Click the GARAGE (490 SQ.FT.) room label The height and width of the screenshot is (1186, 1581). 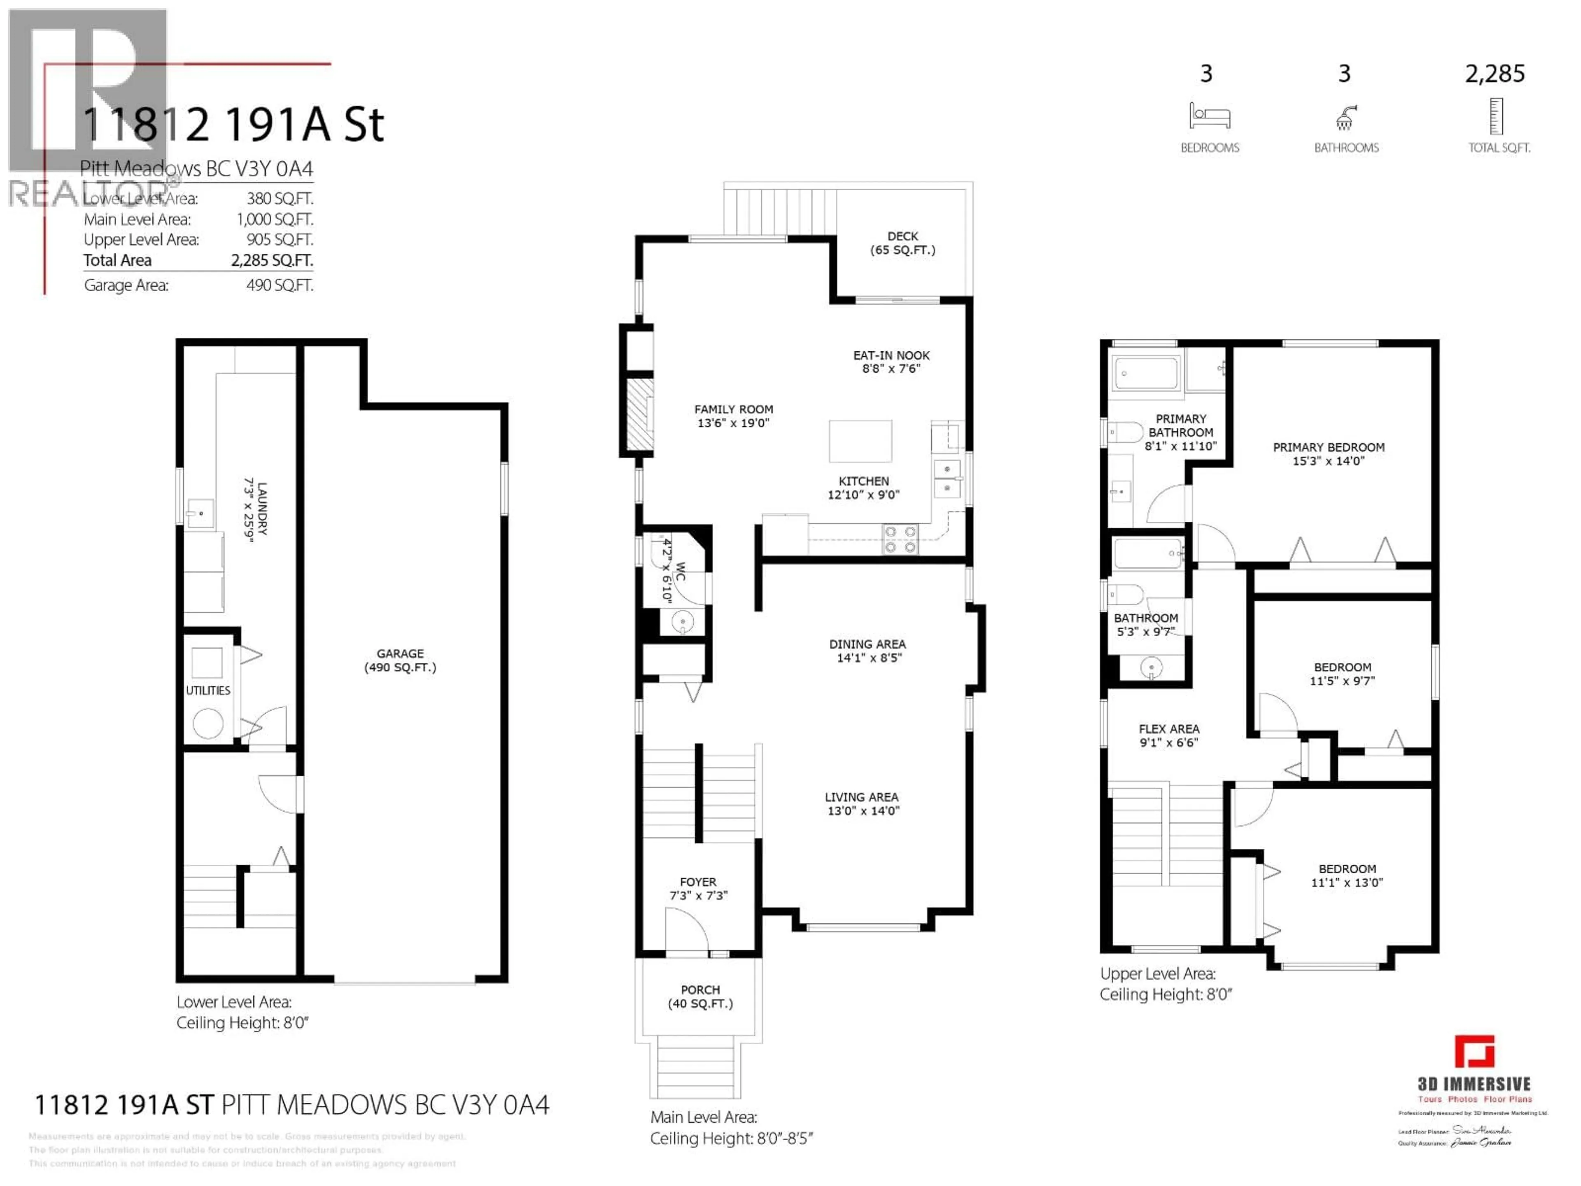400,660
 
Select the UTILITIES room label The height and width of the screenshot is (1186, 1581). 208,690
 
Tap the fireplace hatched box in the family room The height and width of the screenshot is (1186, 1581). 640,415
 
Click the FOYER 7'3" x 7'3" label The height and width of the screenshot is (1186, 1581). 697,888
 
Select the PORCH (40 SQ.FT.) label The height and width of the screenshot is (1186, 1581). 700,996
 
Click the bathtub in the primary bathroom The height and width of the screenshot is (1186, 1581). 1146,372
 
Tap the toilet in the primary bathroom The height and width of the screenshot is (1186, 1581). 1124,432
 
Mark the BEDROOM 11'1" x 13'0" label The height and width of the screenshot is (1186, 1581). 1347,875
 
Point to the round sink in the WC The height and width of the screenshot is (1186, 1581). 683,622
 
